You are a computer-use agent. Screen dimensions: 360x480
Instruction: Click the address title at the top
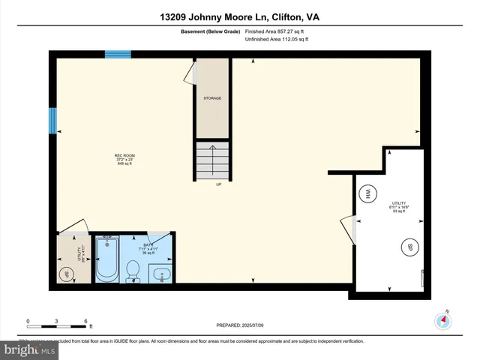pyautogui.click(x=240, y=17)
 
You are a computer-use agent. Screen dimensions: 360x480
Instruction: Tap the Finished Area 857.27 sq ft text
pyautogui.click(x=277, y=31)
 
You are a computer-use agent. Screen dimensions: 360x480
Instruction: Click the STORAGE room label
pyautogui.click(x=212, y=98)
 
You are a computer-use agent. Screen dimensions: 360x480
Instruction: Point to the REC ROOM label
pyautogui.click(x=124, y=159)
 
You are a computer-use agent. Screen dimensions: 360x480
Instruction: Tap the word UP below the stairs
pyautogui.click(x=219, y=184)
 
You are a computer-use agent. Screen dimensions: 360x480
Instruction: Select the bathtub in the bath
pyautogui.click(x=107, y=261)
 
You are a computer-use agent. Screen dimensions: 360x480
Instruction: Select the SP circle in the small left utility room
pyautogui.click(x=67, y=274)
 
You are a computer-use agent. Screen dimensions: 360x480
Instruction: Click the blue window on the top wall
pyautogui.click(x=118, y=54)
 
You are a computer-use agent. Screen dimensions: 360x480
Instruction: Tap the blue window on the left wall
pyautogui.click(x=52, y=118)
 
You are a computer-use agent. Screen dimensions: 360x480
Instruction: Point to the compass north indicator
pyautogui.click(x=445, y=319)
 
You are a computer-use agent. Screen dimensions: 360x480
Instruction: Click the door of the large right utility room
pyautogui.click(x=348, y=227)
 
